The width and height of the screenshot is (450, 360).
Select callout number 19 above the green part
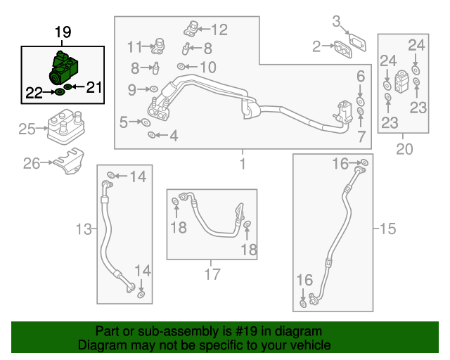click(x=63, y=33)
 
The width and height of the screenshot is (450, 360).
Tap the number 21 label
click(x=94, y=87)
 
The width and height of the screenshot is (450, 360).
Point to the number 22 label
click(x=34, y=91)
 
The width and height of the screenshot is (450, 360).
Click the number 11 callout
click(x=134, y=47)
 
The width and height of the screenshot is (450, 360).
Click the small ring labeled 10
click(x=181, y=67)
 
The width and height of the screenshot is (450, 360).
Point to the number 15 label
click(x=388, y=229)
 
